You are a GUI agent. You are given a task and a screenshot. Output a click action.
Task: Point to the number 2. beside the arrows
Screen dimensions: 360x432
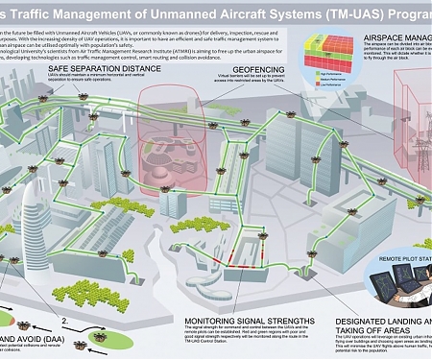64,312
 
